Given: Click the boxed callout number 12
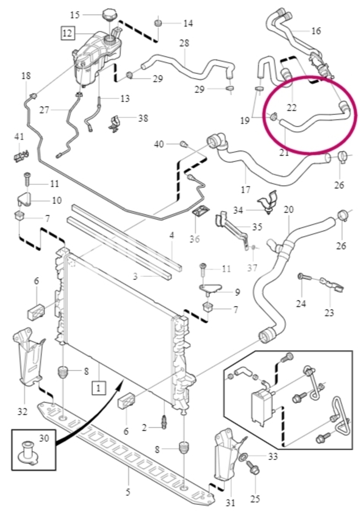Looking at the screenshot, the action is [67, 33].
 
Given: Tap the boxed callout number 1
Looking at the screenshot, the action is [99, 388].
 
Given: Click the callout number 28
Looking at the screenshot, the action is [184, 43].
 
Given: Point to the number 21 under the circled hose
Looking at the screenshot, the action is [284, 152].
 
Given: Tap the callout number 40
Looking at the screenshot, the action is [159, 144].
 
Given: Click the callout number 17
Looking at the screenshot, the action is [246, 190].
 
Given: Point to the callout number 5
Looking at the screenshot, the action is [128, 492].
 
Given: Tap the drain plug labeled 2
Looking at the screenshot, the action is [164, 422].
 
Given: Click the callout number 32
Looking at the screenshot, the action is [22, 411].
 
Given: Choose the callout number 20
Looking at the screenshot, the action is [289, 209].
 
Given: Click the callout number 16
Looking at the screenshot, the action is [316, 31].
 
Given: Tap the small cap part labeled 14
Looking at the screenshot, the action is [158, 23].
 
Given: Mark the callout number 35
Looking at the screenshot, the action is [257, 227].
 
